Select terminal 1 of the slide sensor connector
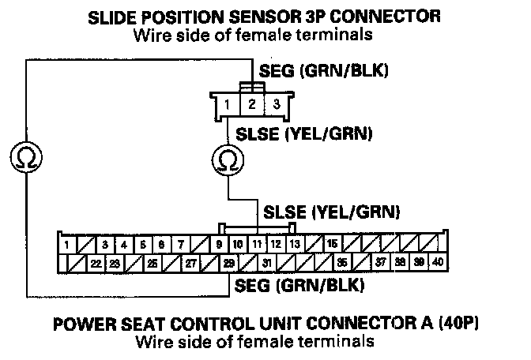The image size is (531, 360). point(228,103)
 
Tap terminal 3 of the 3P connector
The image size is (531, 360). point(276,103)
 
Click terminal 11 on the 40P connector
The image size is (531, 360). point(258,243)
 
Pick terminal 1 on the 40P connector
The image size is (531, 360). point(69,243)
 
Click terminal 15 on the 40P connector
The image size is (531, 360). point(333,243)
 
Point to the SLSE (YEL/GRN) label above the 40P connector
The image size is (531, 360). point(332,212)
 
